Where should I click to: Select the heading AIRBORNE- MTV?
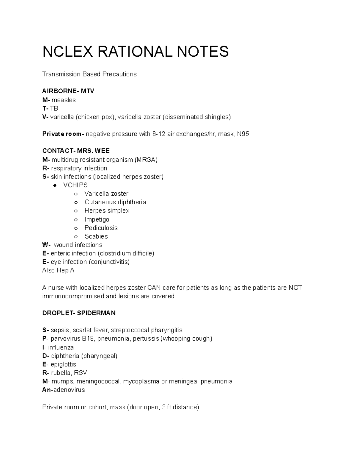(68, 91)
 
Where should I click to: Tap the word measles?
(64, 100)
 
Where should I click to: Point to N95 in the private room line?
(243, 134)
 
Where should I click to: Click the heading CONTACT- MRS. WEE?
(76, 151)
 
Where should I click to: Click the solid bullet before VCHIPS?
(55, 185)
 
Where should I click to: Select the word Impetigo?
(97, 219)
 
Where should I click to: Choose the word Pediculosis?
(101, 228)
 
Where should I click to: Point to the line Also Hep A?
(58, 270)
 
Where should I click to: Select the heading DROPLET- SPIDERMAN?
(79, 313)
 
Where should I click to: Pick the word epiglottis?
(63, 364)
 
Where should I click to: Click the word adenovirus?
(69, 390)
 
